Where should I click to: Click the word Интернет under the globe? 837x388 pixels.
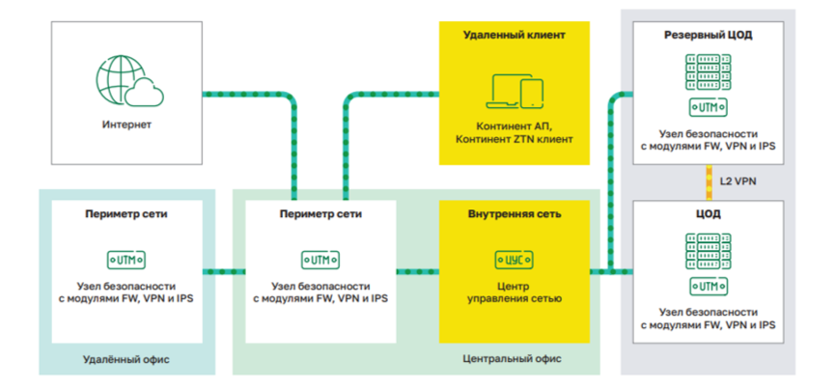point(126,125)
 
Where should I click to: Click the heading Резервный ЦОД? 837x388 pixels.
point(708,35)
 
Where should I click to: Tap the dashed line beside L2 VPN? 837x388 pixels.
point(708,180)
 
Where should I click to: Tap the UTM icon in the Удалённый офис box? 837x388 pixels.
point(126,259)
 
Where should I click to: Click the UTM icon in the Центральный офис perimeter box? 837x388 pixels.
point(321,259)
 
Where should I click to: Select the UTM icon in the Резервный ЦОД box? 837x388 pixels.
point(708,107)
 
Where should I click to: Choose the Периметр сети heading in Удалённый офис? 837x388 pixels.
point(126,214)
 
